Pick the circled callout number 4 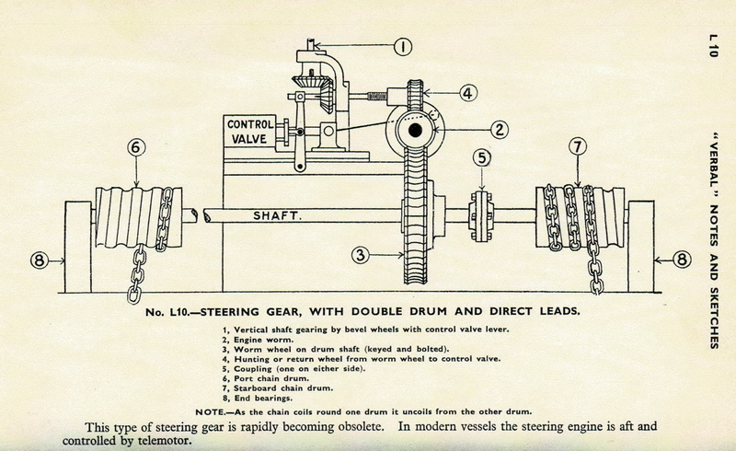(x=467, y=93)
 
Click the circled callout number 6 (x=136, y=146)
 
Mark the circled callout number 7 (x=578, y=146)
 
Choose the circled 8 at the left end (x=39, y=260)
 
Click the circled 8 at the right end (x=681, y=260)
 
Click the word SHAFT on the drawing (x=279, y=216)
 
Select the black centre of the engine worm (x=415, y=133)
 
